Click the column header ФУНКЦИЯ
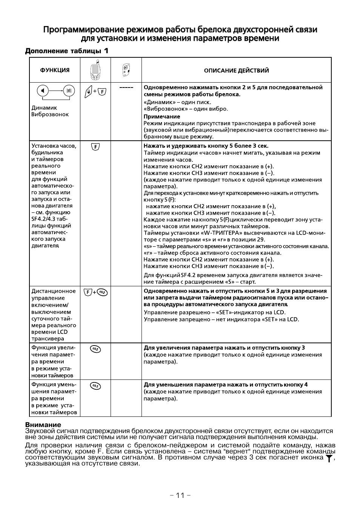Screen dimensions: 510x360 (55, 70)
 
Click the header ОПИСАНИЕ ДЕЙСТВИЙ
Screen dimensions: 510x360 (236, 71)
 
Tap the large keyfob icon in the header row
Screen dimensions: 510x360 (95, 70)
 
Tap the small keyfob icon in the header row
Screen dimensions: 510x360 (126, 70)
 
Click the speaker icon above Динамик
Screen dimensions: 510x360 (43, 91)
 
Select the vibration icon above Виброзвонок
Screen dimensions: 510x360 (68, 91)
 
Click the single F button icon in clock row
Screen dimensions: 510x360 (95, 146)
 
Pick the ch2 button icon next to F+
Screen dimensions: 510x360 (102, 292)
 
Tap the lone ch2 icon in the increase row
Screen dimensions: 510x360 (95, 349)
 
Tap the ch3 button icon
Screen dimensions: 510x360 (95, 386)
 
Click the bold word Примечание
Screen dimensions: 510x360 (162, 117)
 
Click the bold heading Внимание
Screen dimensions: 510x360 (43, 425)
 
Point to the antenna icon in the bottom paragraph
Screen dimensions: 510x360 (329, 458)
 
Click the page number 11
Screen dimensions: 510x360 (180, 495)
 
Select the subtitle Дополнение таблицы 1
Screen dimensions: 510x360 (67, 51)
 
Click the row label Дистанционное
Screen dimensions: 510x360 (53, 291)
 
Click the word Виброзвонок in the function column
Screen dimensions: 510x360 (50, 115)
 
